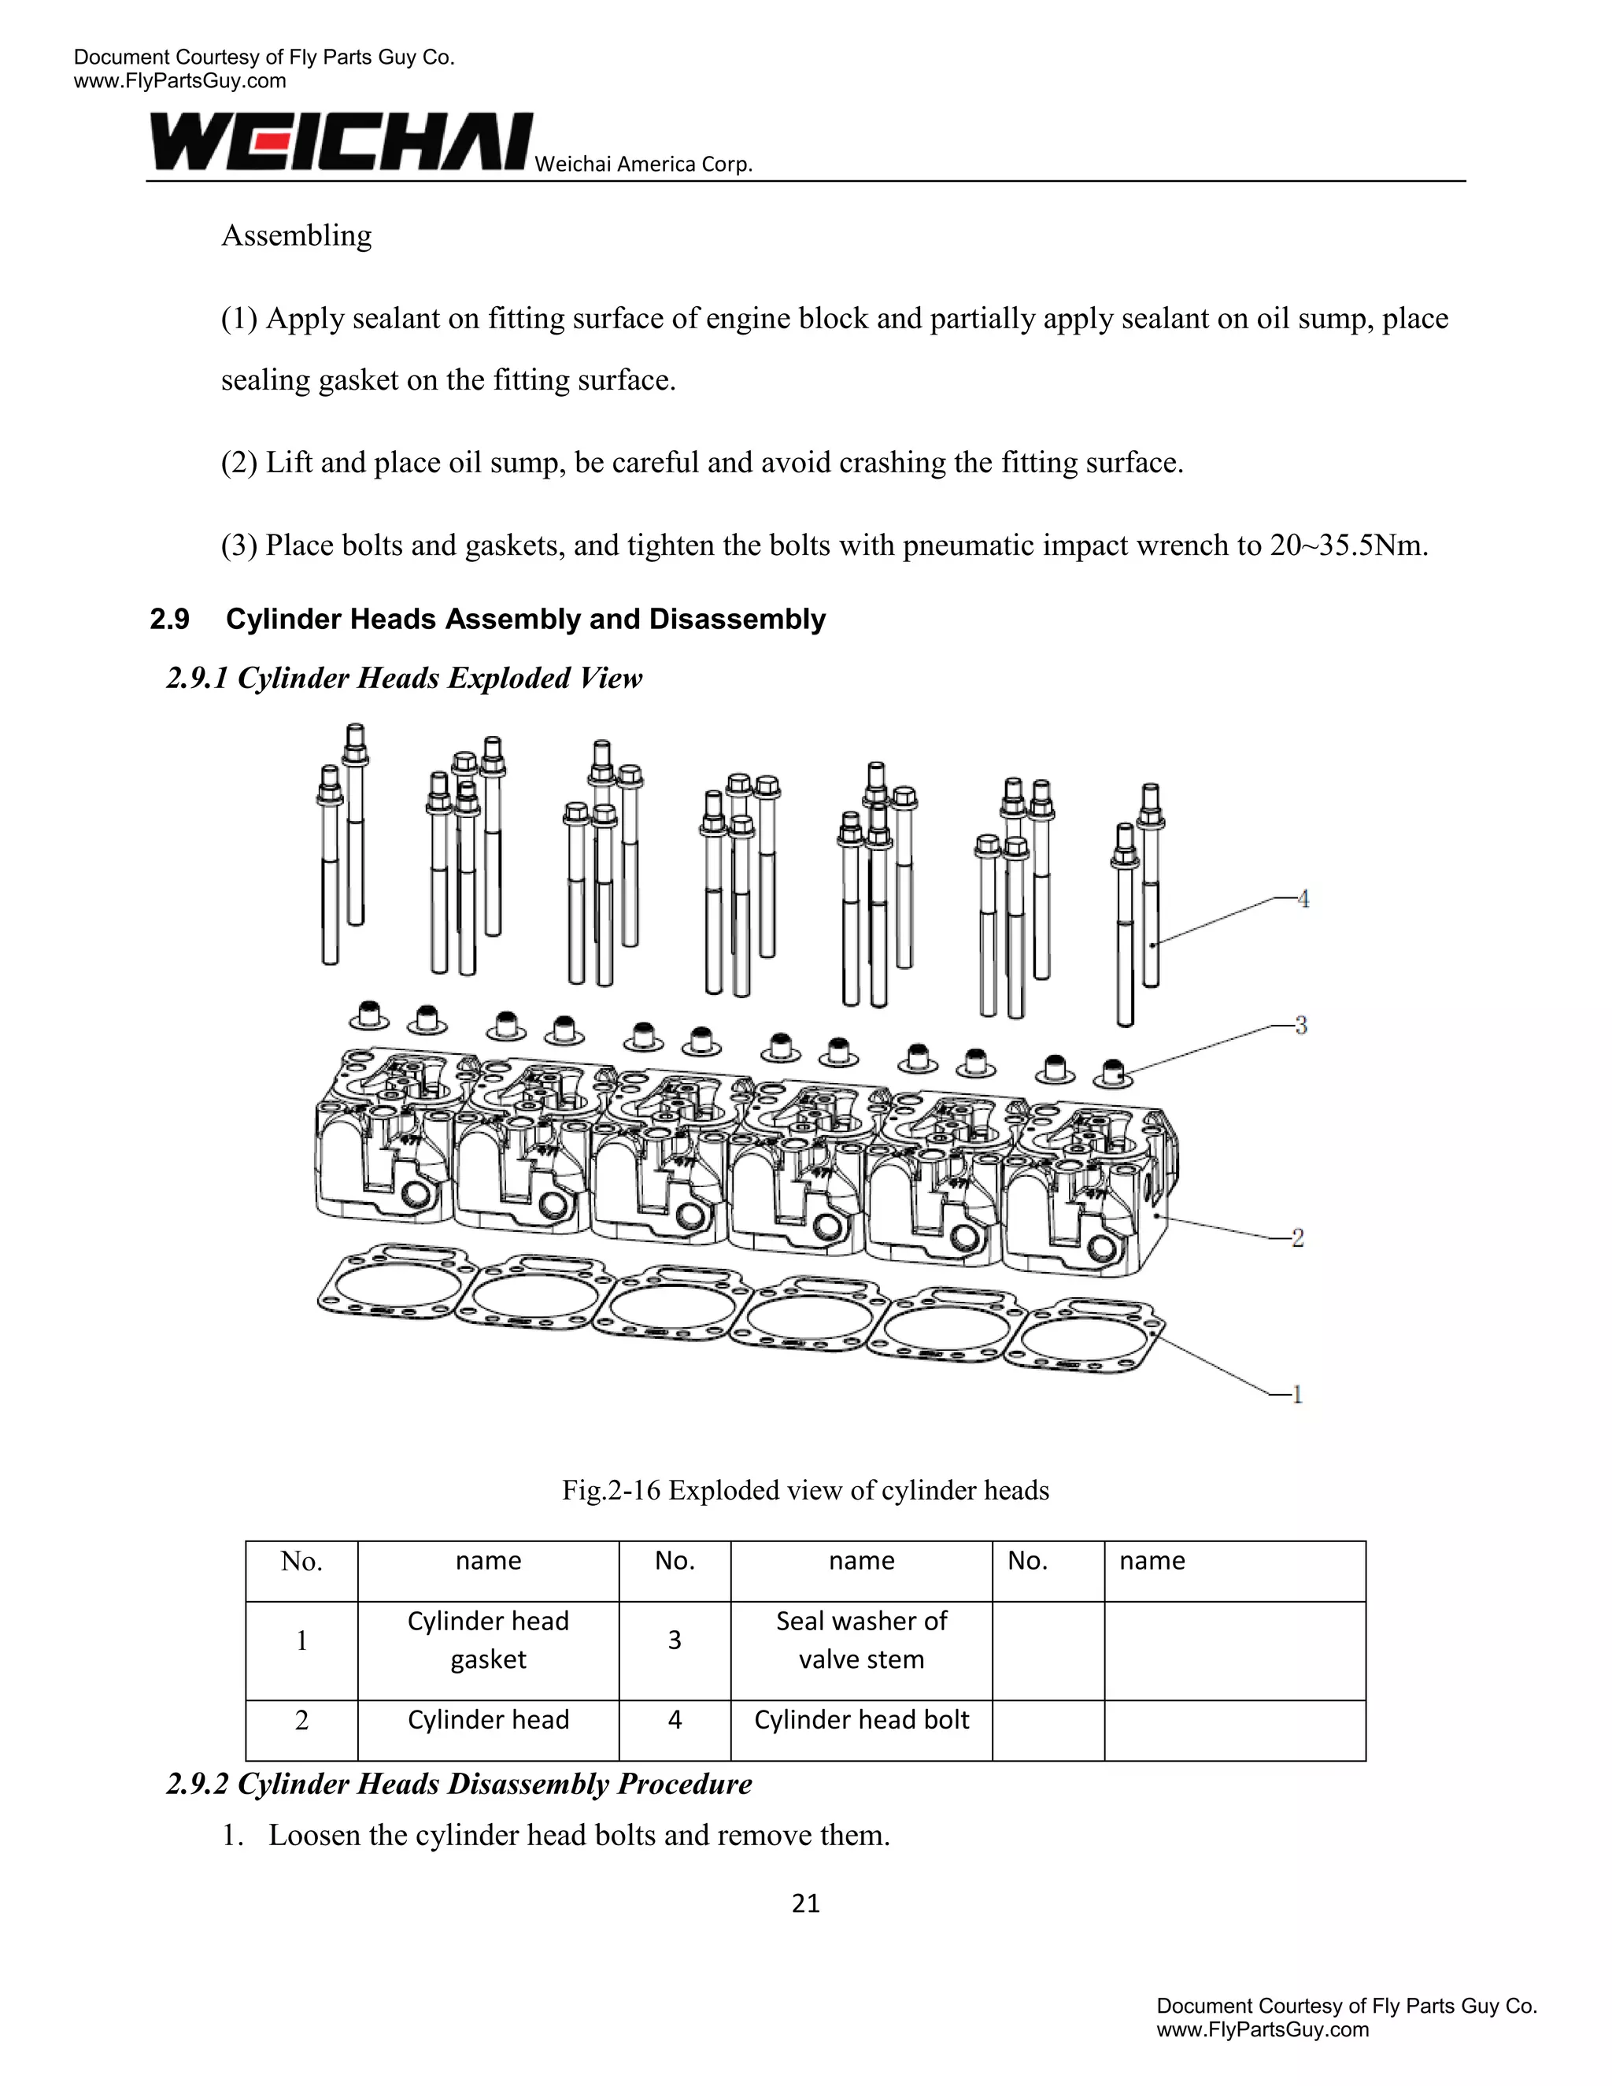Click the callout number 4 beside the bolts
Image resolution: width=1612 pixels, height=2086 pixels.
tap(1303, 899)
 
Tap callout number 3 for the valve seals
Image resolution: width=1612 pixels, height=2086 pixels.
tap(1300, 1026)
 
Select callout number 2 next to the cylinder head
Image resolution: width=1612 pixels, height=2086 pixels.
tap(1298, 1238)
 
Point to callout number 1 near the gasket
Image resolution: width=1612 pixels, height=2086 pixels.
tap(1297, 1395)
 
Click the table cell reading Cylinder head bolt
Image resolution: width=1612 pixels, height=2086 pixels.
tap(860, 1719)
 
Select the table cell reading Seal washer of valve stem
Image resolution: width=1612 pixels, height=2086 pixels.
tap(860, 1639)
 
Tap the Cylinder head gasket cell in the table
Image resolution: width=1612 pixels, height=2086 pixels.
tap(488, 1639)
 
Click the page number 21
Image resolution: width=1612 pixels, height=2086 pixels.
tap(805, 1903)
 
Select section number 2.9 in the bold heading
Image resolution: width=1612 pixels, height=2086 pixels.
tap(170, 619)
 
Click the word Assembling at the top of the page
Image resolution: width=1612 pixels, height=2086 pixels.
tap(296, 235)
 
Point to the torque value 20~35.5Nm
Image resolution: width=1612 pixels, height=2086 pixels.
tap(1348, 546)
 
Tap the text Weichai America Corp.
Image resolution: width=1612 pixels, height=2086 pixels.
tap(643, 165)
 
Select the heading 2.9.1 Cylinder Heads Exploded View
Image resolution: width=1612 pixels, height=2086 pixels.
tap(404, 678)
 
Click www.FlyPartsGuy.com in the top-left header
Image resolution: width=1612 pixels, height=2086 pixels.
tap(179, 81)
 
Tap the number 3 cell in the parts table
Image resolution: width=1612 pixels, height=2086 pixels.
tap(675, 1639)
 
